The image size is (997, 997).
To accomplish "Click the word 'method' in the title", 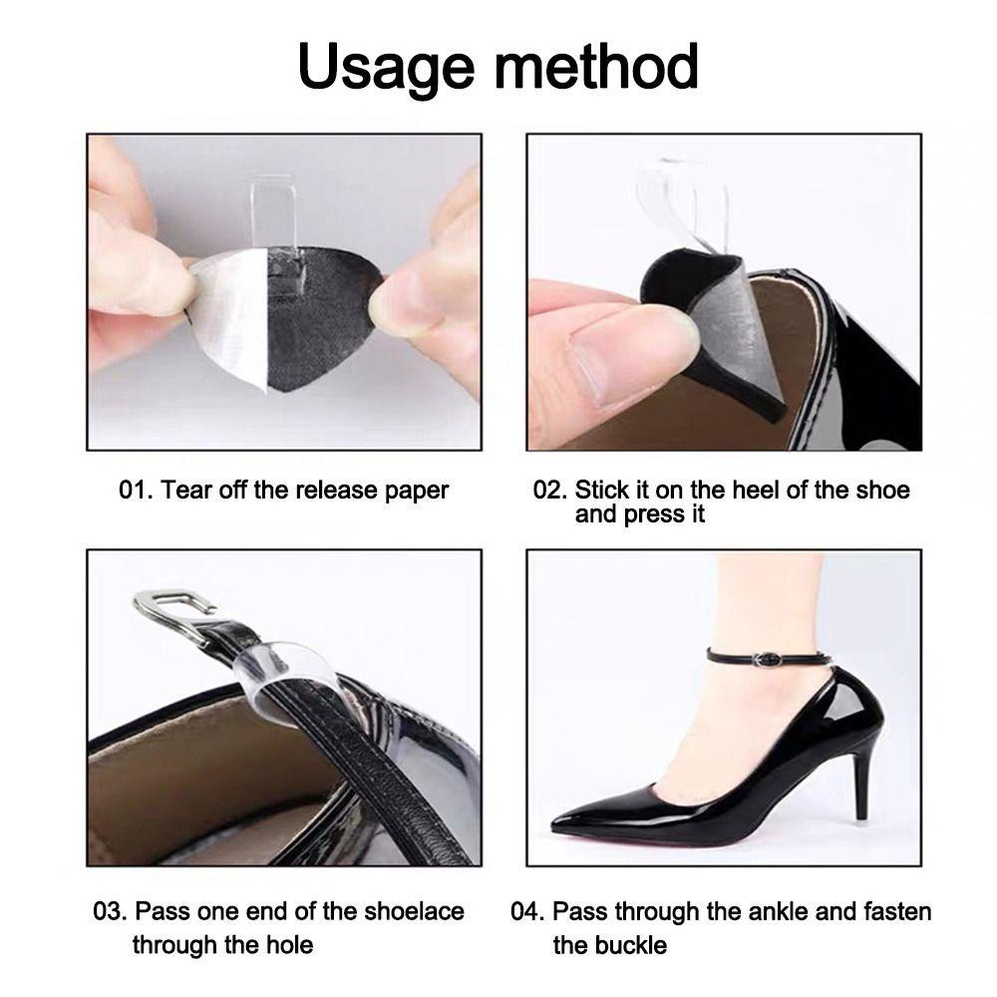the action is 596,66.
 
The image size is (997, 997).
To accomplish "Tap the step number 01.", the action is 136,491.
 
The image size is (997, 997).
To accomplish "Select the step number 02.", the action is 549,491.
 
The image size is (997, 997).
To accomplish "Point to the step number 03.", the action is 110,911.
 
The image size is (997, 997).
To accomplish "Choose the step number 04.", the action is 527,911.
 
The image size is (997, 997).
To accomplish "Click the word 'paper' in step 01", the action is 417,492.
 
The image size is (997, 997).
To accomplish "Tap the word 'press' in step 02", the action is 652,515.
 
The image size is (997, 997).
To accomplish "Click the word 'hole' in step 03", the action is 289,945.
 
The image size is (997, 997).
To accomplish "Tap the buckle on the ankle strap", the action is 768,660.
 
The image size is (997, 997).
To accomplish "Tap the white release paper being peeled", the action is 230,318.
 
